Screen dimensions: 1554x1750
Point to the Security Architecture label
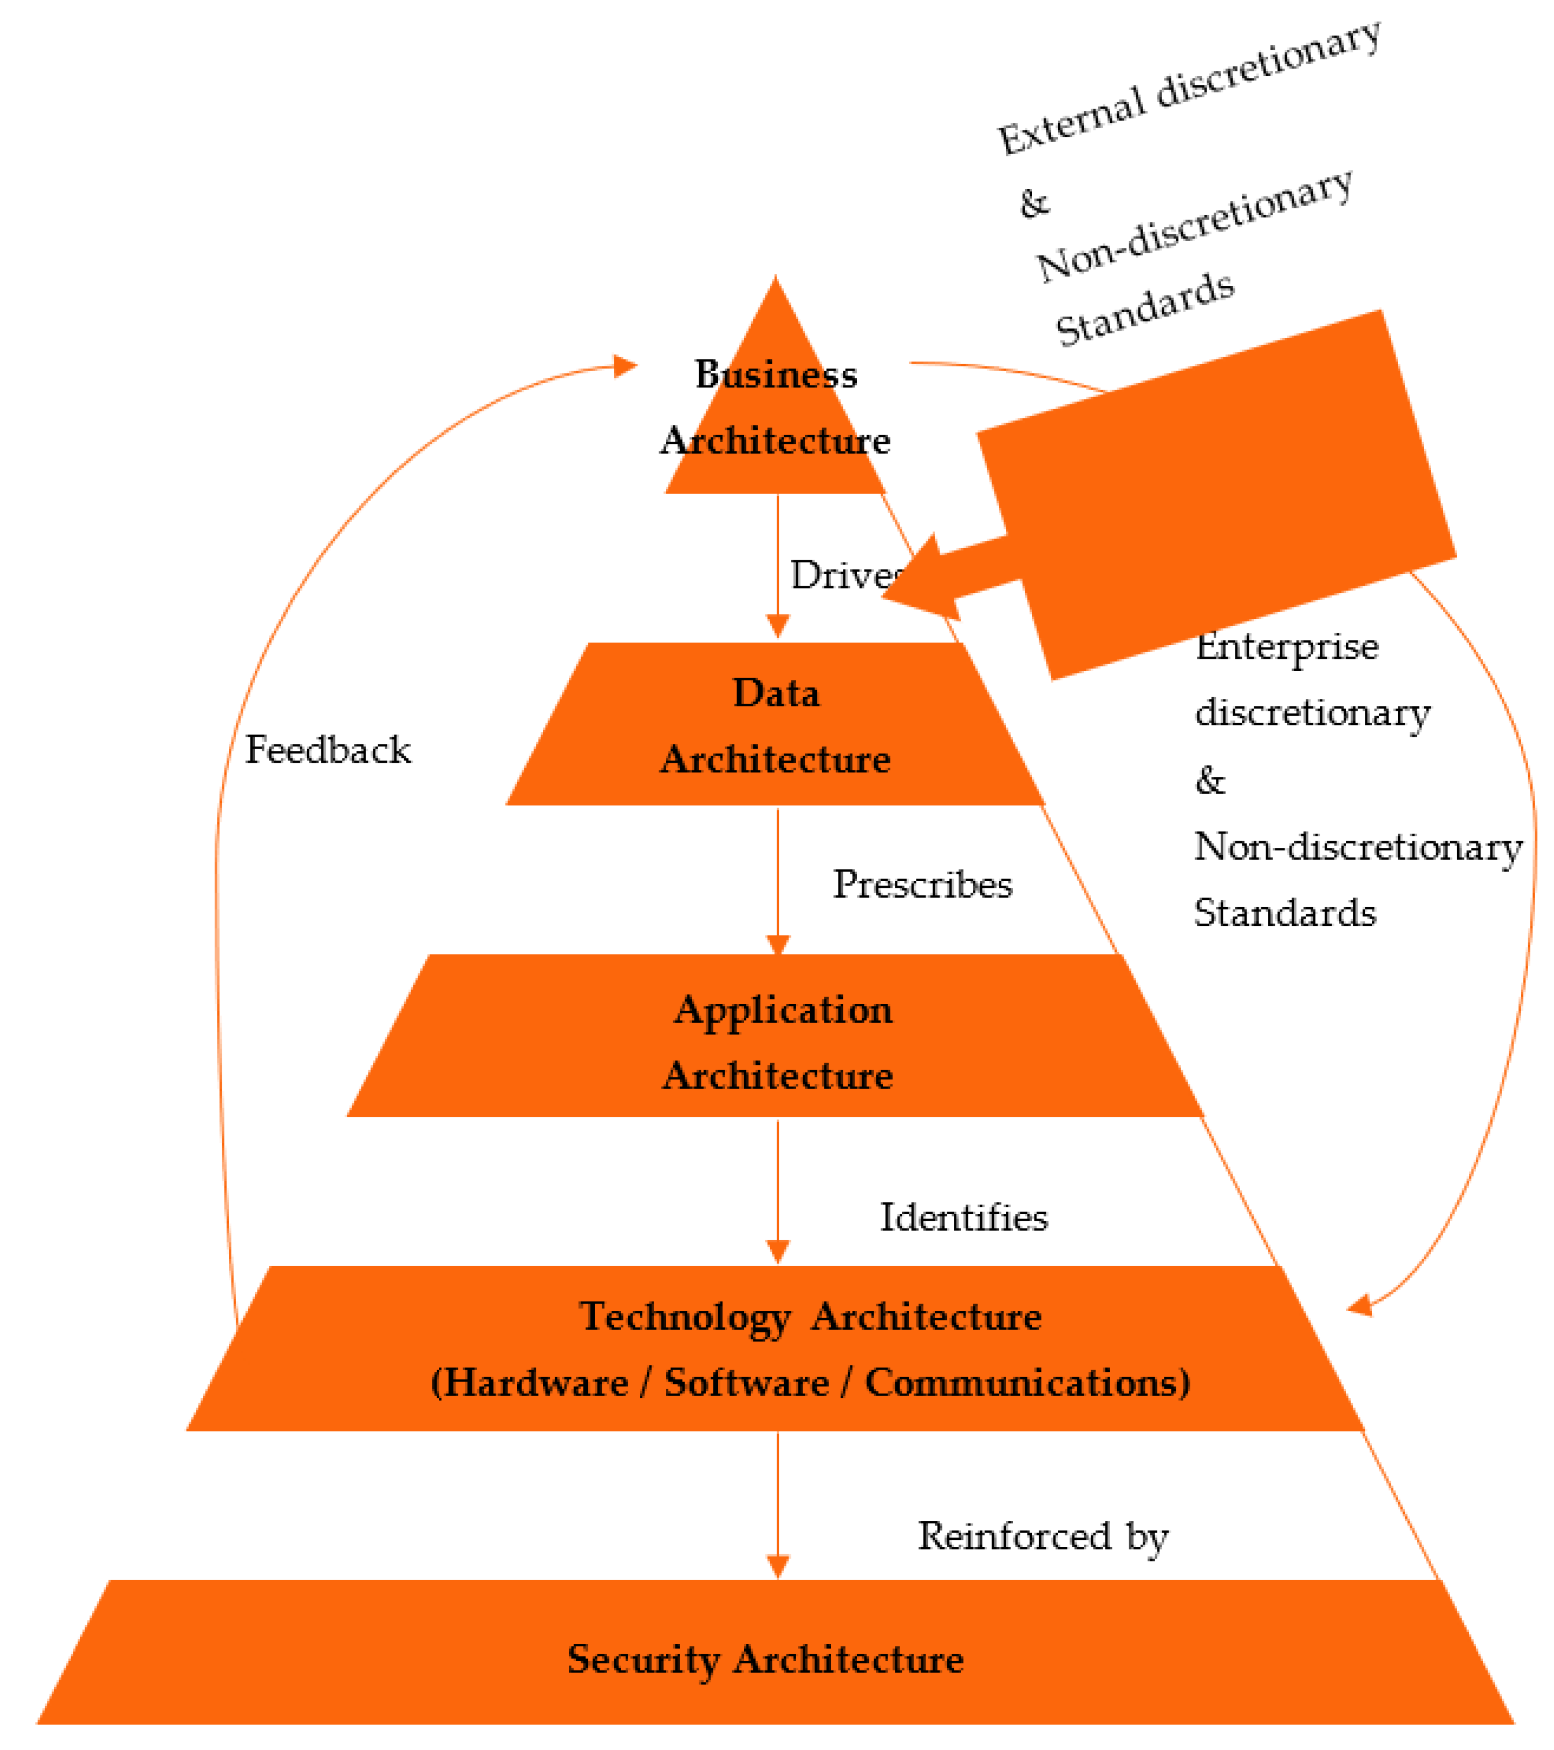pos(765,1659)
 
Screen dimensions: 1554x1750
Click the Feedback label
pos(328,750)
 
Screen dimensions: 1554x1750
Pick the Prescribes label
pos(922,884)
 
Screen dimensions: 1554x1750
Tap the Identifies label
pos(963,1217)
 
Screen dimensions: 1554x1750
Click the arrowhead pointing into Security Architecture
pos(778,1567)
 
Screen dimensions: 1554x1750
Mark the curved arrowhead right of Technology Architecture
pos(1360,1306)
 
